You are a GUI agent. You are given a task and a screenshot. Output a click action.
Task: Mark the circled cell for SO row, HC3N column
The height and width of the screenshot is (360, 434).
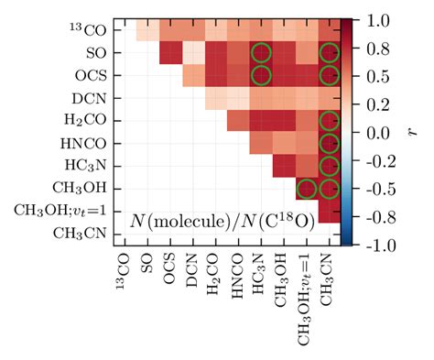point(260,54)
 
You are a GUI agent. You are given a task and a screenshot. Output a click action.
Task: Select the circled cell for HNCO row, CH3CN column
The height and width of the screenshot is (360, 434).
point(328,144)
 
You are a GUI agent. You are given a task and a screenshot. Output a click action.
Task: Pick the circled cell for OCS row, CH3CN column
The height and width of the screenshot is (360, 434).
point(328,76)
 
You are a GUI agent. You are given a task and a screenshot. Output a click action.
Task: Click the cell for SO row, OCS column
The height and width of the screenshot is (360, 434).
point(170,54)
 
